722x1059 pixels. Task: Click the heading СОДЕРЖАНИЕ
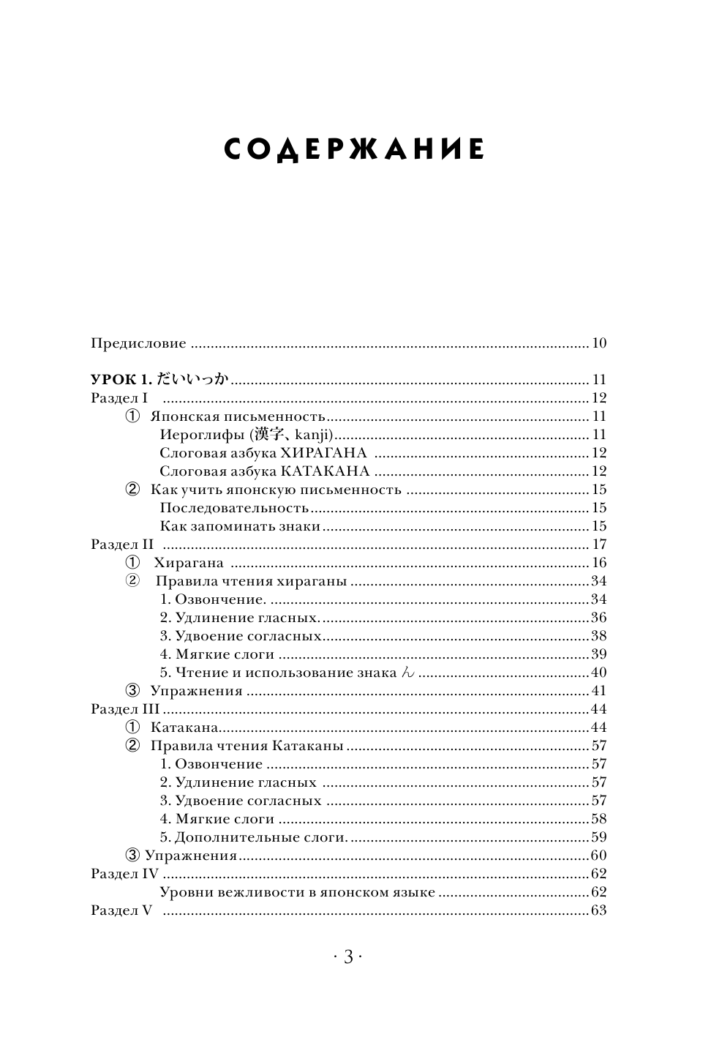[354, 149]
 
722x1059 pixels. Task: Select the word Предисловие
[138, 343]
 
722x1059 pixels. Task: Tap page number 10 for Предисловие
[599, 343]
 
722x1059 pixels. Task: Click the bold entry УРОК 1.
[120, 380]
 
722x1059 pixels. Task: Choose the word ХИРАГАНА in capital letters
[318, 453]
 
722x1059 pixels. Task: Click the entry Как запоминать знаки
[240, 526]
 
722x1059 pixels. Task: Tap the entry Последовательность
[234, 508]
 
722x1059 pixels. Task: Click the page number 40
[598, 673]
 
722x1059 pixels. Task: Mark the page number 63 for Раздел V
[598, 910]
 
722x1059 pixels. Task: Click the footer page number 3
[348, 956]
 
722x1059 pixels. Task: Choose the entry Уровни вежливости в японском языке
[297, 892]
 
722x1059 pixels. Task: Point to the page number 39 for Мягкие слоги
[598, 654]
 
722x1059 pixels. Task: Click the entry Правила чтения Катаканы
[247, 746]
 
